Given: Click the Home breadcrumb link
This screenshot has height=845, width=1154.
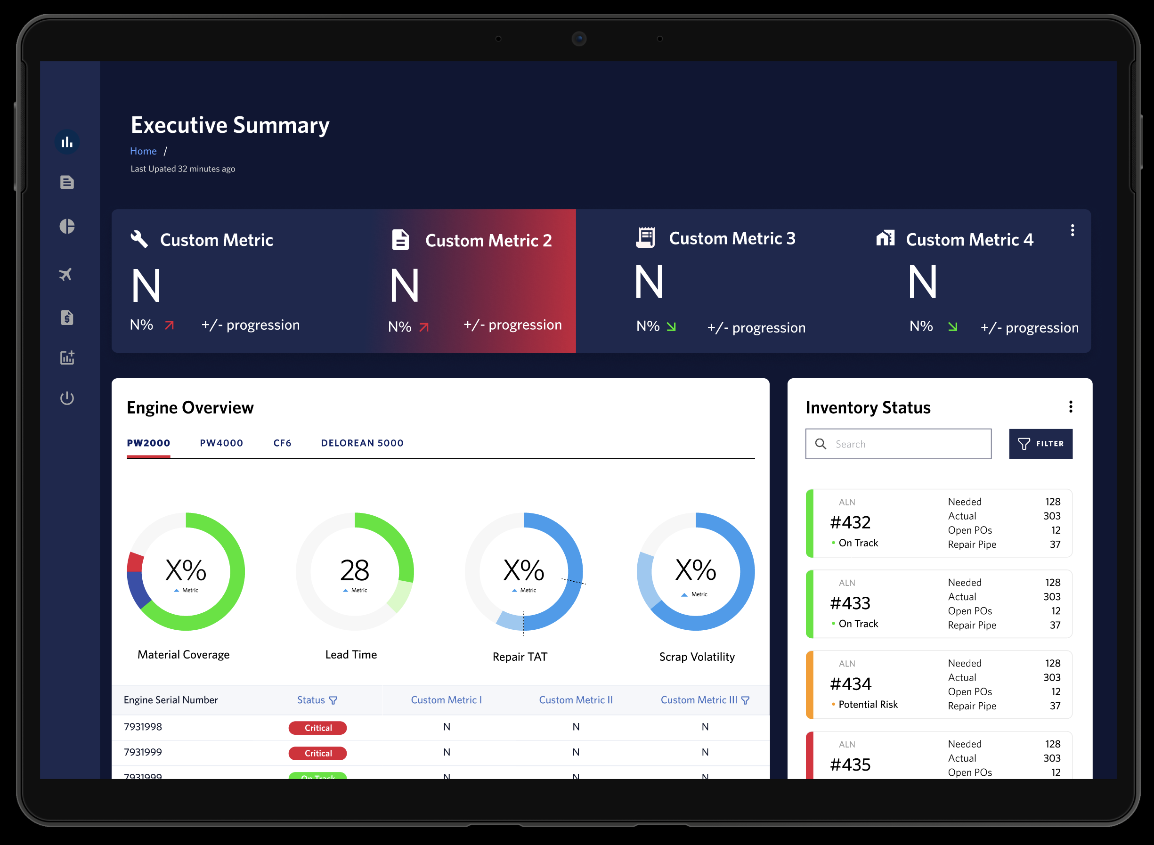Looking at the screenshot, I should (143, 151).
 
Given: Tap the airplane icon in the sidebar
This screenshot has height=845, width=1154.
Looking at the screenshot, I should (66, 275).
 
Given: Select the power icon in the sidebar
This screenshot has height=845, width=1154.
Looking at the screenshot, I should (67, 398).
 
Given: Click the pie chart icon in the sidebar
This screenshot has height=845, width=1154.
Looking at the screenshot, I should (67, 226).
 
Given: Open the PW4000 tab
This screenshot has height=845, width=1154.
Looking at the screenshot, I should (221, 443).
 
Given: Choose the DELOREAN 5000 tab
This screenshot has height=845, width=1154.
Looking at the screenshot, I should (362, 443).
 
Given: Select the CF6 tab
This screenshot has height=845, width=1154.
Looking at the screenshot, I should (282, 443).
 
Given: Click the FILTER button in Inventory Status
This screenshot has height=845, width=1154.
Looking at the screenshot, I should (1040, 444).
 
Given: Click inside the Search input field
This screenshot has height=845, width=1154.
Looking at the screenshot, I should (905, 444).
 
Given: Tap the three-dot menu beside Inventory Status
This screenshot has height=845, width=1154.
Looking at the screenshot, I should (1071, 406).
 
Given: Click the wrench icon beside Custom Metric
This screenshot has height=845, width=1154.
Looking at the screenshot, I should (139, 239).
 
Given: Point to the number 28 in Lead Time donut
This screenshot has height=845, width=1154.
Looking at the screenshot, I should (355, 570).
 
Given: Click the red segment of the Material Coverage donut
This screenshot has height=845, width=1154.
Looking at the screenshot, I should (136, 562).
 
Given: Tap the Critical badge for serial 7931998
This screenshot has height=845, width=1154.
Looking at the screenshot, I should (317, 728).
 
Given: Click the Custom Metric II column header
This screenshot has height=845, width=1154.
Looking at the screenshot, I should (576, 700).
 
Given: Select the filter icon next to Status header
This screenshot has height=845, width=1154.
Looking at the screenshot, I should (333, 700).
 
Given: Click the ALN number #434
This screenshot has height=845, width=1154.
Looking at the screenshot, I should (850, 684).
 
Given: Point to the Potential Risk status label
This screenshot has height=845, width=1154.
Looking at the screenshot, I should (868, 704).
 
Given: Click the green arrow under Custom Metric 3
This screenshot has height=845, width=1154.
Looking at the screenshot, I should (671, 326).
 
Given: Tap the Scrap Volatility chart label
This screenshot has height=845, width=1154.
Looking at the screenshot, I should (697, 657).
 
